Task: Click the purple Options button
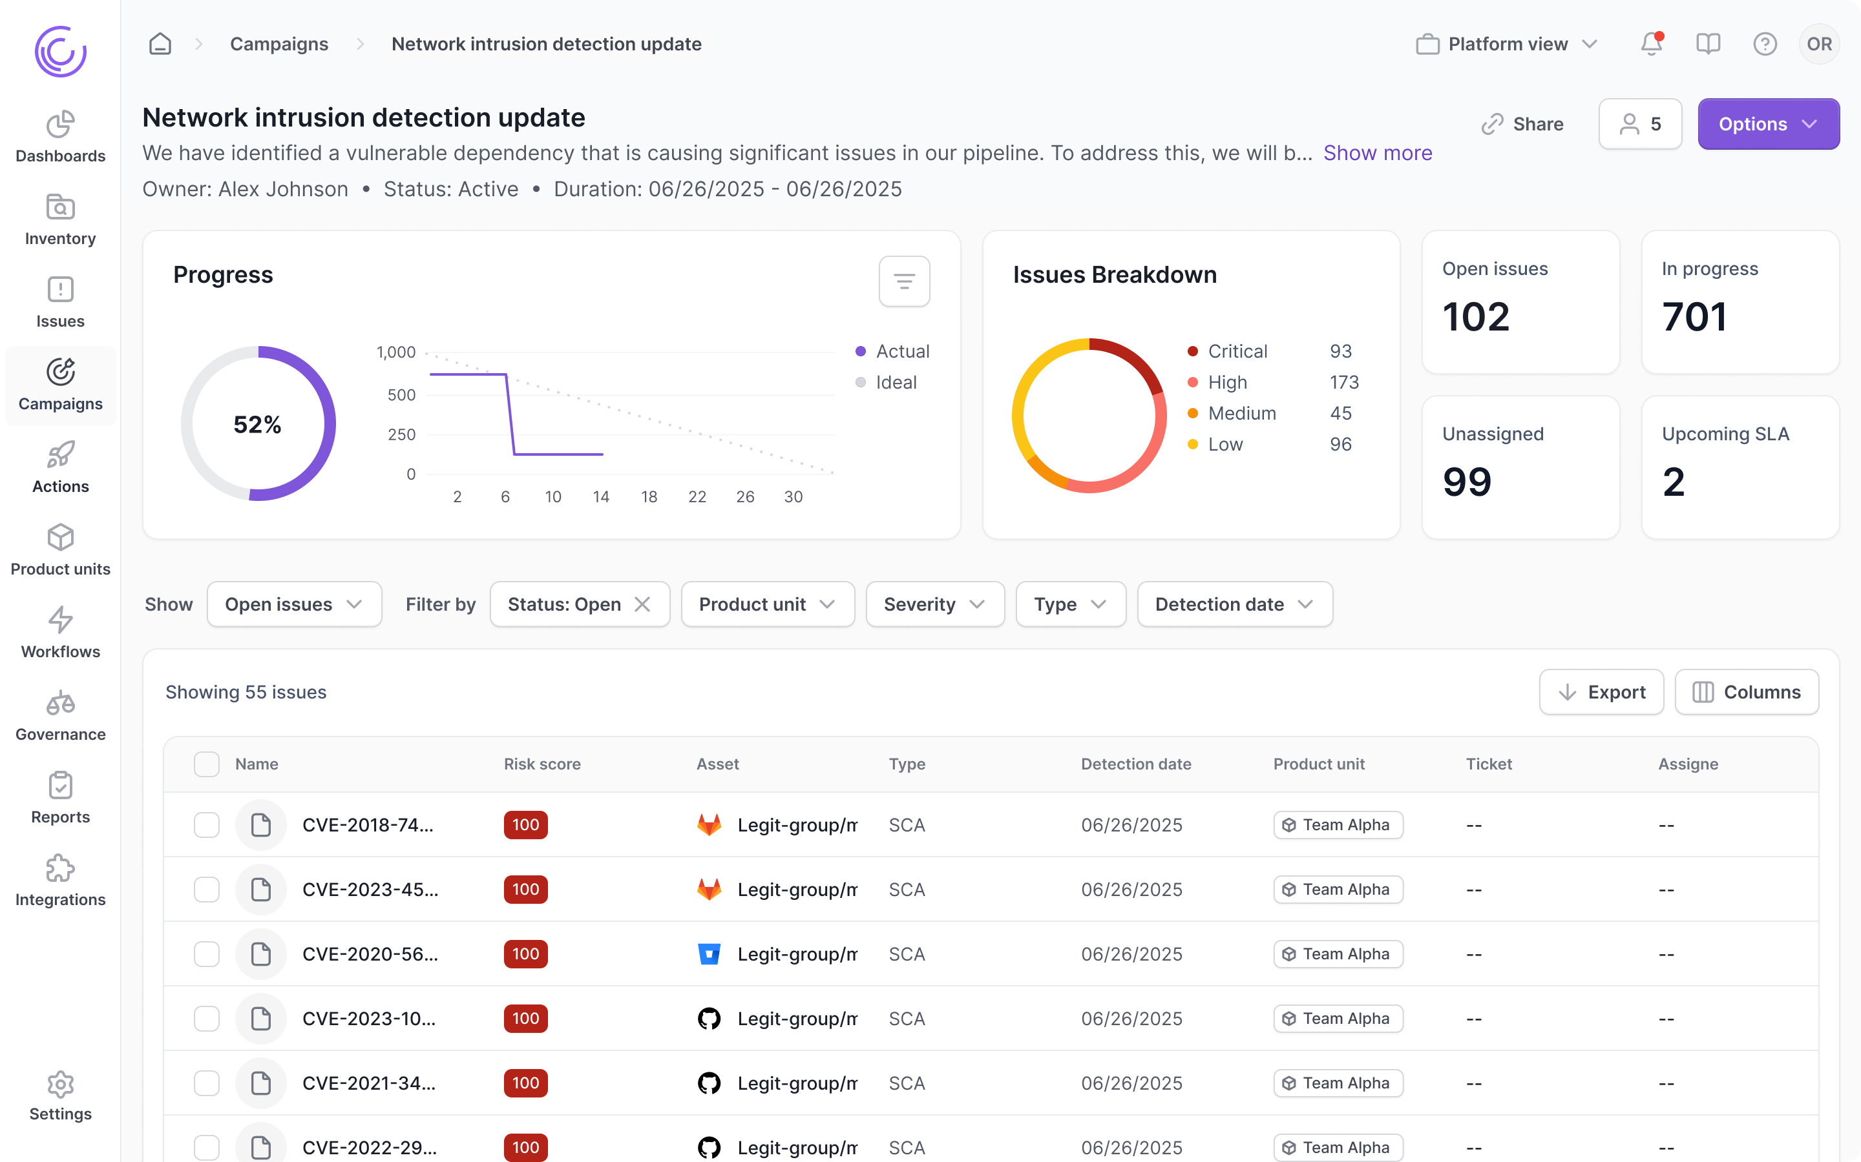pos(1767,124)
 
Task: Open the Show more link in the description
pos(1377,153)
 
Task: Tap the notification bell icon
pos(1650,44)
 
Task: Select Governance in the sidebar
pos(60,715)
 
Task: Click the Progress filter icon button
pos(903,281)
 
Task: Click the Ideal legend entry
pos(895,382)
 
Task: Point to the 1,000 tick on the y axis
pos(395,352)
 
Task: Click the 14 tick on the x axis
pos(600,496)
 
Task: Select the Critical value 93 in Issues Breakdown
pos(1340,351)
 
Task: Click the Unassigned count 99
pos(1466,482)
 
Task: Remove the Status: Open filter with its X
pos(642,605)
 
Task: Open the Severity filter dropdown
pos(934,605)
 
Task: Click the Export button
pos(1601,693)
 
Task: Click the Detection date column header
pos(1136,764)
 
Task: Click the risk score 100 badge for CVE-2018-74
pos(525,824)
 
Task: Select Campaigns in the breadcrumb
pos(279,44)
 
